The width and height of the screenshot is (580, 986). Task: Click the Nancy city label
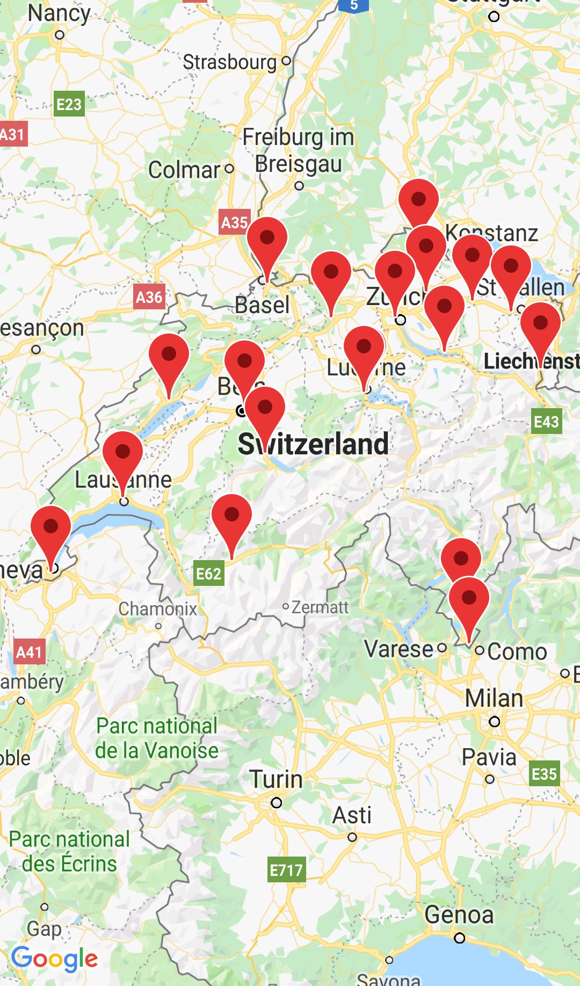click(59, 13)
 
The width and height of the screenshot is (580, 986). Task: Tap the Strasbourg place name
click(229, 62)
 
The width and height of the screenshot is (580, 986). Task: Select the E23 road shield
click(69, 104)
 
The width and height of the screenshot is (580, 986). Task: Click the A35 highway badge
click(235, 222)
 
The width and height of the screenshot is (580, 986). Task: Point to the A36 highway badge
click(149, 297)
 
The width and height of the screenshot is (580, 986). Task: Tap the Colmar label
click(184, 170)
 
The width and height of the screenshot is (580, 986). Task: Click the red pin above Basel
click(267, 244)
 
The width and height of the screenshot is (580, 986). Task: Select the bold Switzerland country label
click(314, 444)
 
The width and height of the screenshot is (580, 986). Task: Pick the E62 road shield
click(208, 574)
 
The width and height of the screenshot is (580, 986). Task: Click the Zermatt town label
click(320, 607)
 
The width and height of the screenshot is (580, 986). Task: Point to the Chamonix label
click(158, 609)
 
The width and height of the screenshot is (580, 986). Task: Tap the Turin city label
click(276, 779)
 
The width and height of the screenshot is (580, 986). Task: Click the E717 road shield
click(287, 869)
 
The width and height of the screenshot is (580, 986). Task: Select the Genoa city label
click(459, 915)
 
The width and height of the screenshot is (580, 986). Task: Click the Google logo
click(54, 959)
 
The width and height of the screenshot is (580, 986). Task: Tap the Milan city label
click(494, 699)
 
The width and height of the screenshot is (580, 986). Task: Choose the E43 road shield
click(546, 422)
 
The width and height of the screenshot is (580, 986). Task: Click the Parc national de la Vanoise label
click(157, 738)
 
